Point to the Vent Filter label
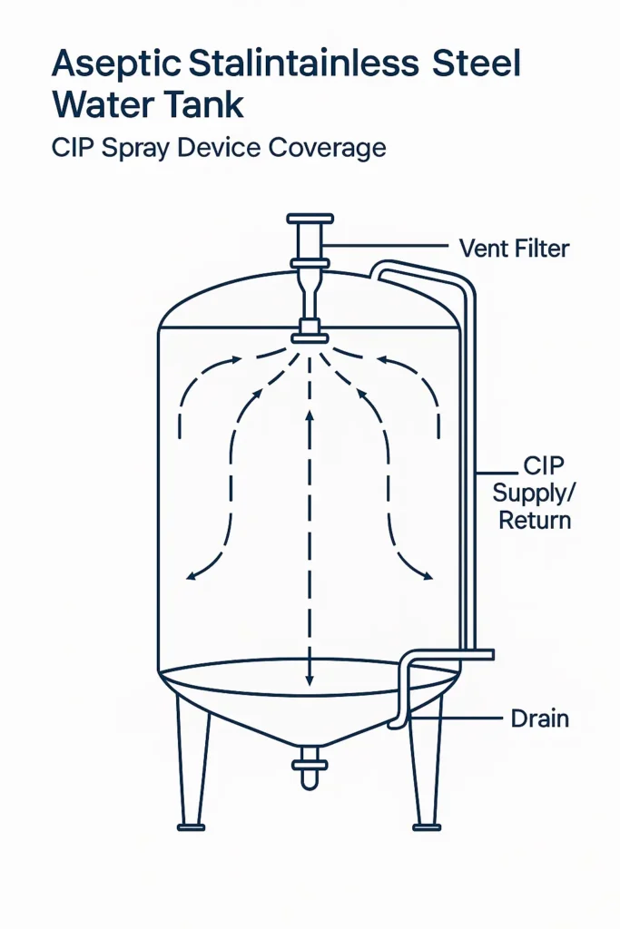[x=514, y=248]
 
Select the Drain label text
[x=539, y=719]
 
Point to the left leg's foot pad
[x=191, y=826]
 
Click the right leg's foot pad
[x=427, y=826]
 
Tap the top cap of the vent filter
[x=310, y=220]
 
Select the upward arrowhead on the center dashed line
[x=310, y=416]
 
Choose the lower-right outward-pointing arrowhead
[x=428, y=575]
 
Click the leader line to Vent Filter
[x=386, y=246]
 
